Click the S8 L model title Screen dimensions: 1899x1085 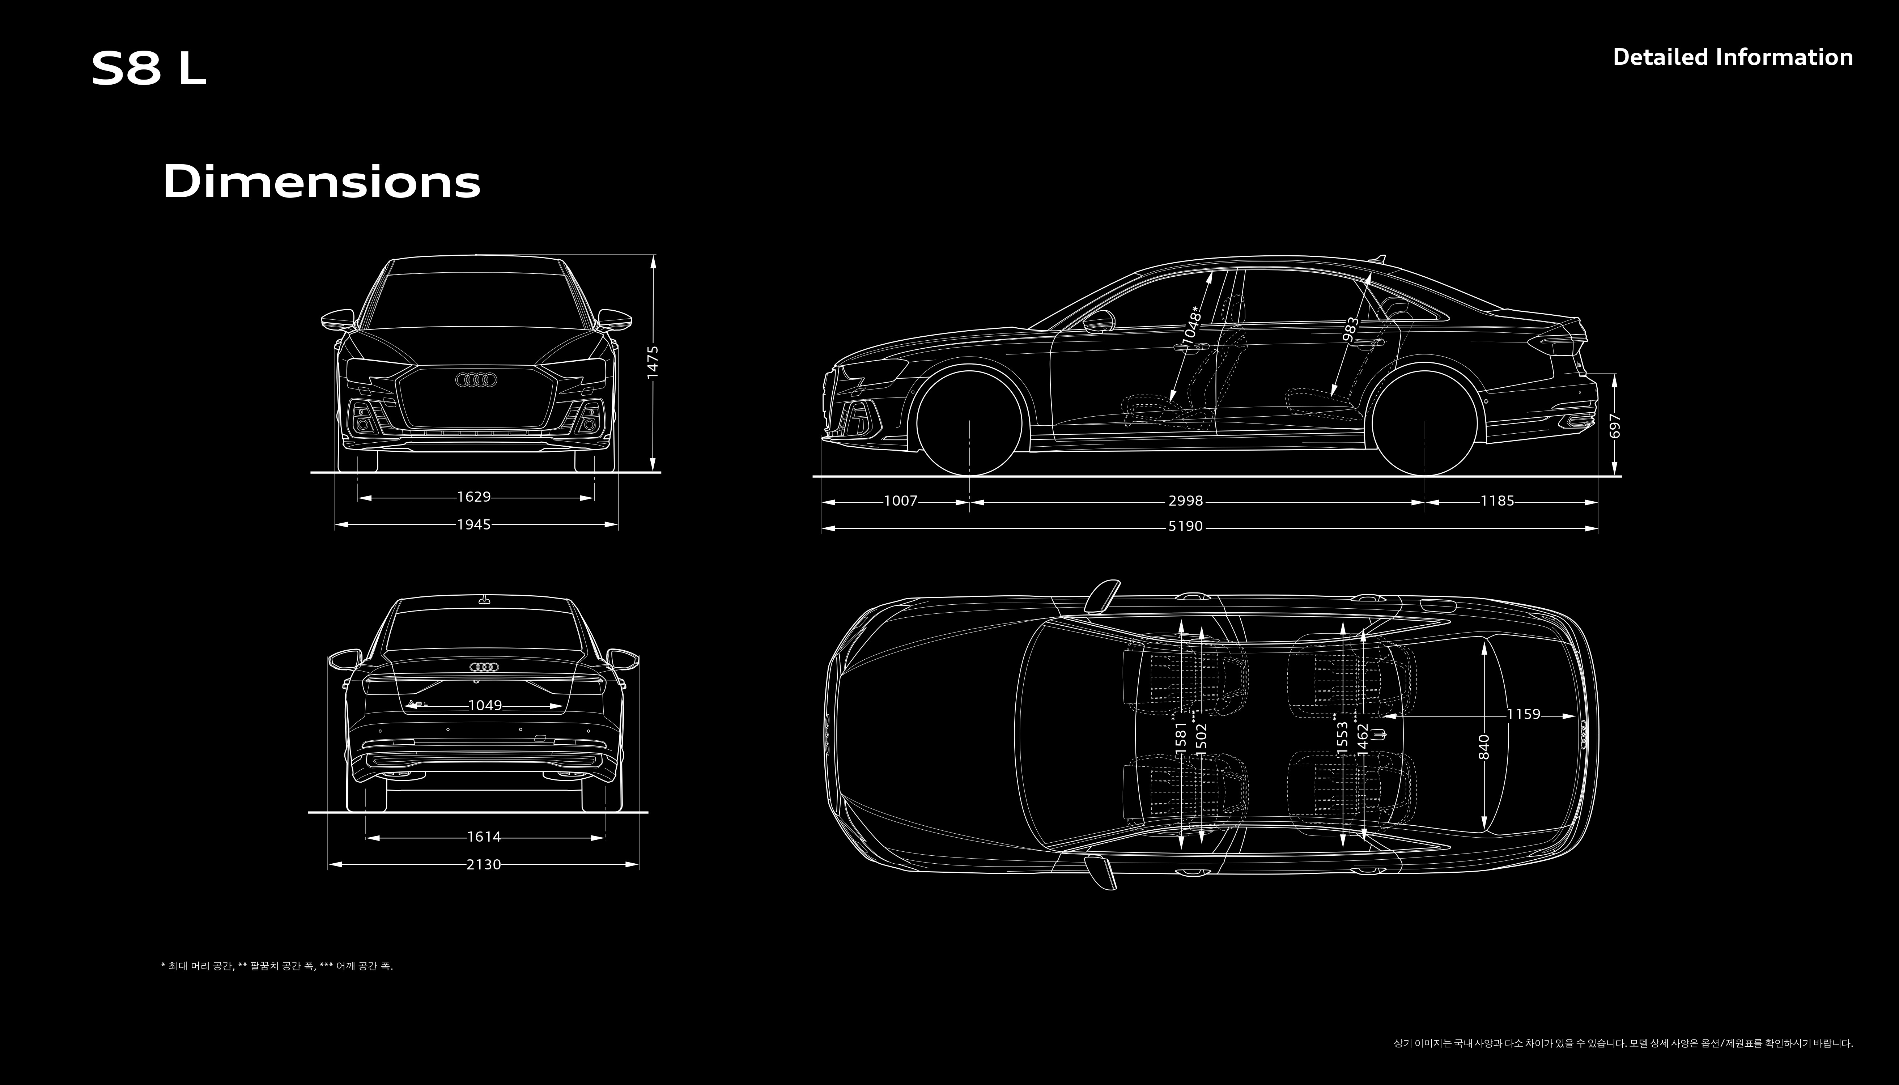coord(148,69)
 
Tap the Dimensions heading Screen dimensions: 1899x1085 coord(321,182)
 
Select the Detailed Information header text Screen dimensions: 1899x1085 coord(1732,58)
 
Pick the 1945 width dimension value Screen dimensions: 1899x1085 coord(474,525)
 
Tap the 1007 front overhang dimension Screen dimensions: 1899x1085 coord(900,501)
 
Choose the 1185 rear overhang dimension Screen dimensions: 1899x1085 coord(1497,501)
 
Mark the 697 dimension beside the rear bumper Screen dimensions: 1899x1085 coord(1615,426)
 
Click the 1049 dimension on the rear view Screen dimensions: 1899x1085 coord(485,705)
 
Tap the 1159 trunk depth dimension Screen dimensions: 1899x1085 coord(1524,714)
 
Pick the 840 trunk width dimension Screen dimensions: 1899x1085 coord(1484,747)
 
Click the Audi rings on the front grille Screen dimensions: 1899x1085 coord(476,380)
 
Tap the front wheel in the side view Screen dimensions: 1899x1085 coord(969,423)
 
